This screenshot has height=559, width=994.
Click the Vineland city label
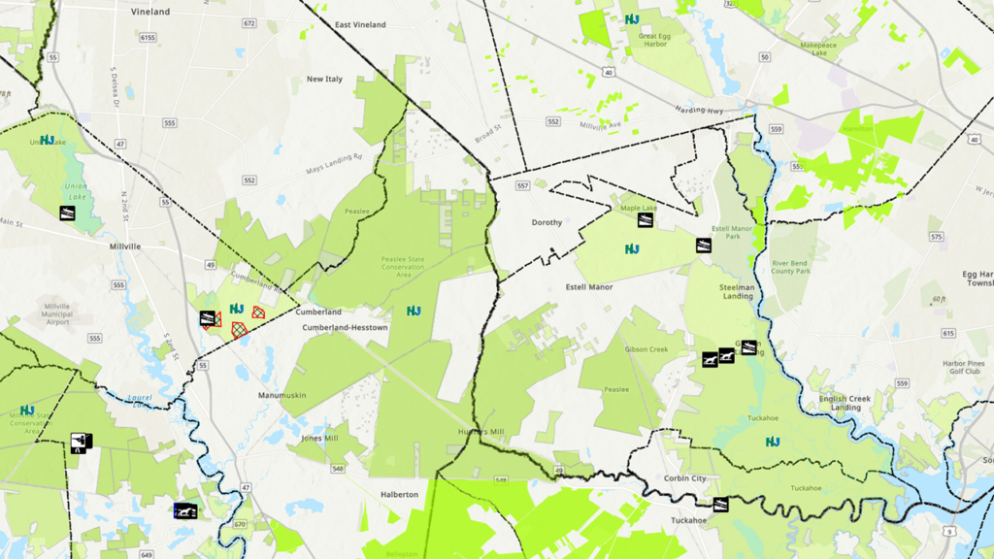149,12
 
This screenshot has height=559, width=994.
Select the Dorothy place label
547,222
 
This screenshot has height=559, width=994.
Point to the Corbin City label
685,479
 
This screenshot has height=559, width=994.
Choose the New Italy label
324,79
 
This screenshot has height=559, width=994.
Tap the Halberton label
399,494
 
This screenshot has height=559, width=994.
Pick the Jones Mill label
320,438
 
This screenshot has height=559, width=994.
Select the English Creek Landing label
845,403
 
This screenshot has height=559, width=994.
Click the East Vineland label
360,24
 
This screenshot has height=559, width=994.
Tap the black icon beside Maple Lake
644,220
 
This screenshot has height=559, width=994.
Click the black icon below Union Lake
68,213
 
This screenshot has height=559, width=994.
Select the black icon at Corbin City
720,504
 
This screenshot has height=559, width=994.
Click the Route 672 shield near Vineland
249,22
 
